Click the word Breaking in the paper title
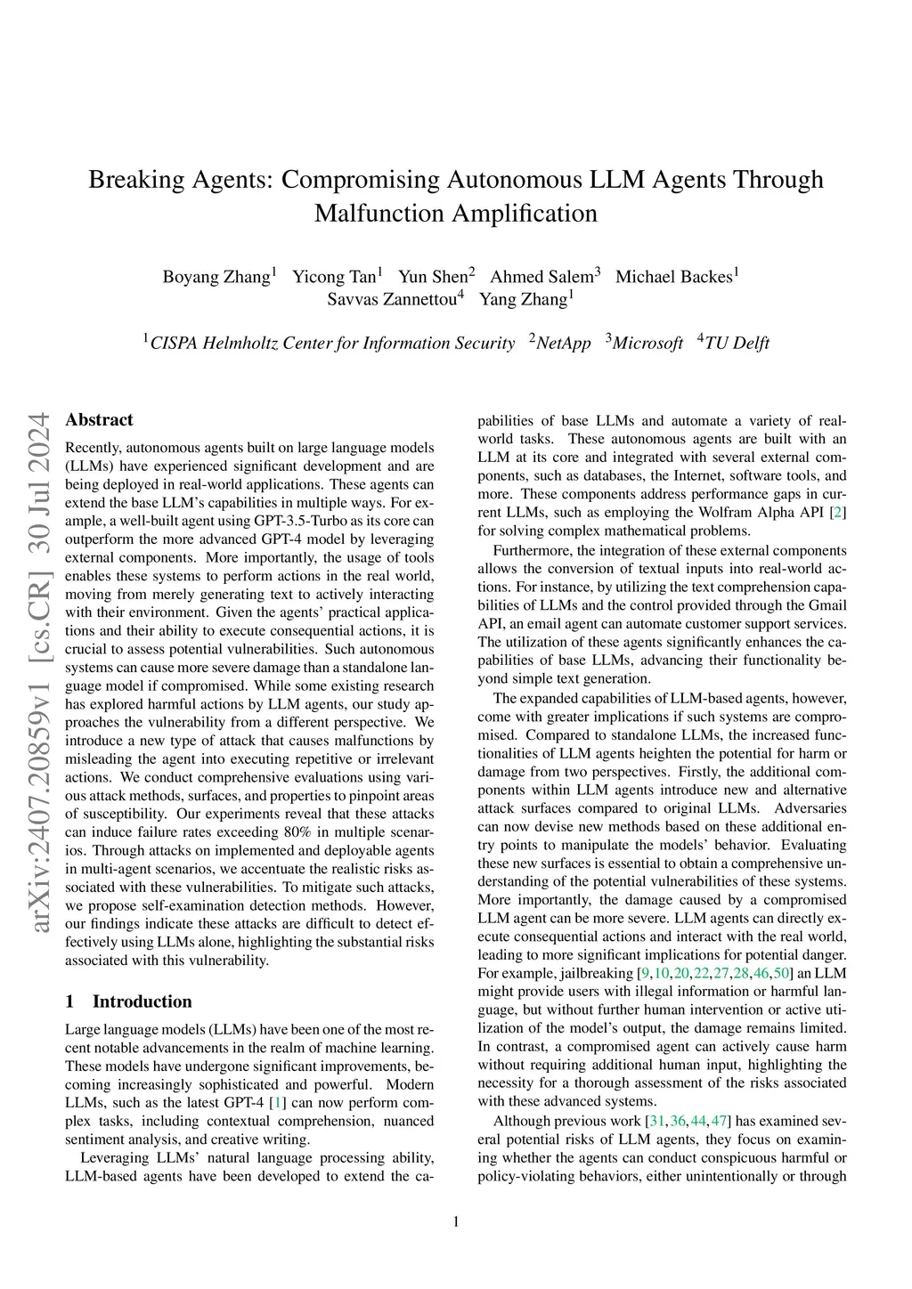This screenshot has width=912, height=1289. (138, 180)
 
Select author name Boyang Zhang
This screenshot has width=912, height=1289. (216, 277)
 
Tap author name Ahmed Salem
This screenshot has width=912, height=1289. (541, 277)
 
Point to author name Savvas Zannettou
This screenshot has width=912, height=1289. (391, 299)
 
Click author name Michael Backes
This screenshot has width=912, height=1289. (673, 277)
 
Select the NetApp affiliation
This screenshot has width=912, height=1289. (563, 344)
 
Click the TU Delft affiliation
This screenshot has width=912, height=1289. (737, 344)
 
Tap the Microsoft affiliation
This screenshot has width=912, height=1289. (647, 344)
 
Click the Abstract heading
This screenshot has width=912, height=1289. (99, 420)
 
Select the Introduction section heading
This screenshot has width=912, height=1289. (142, 1001)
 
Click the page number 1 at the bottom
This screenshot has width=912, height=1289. (456, 1221)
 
